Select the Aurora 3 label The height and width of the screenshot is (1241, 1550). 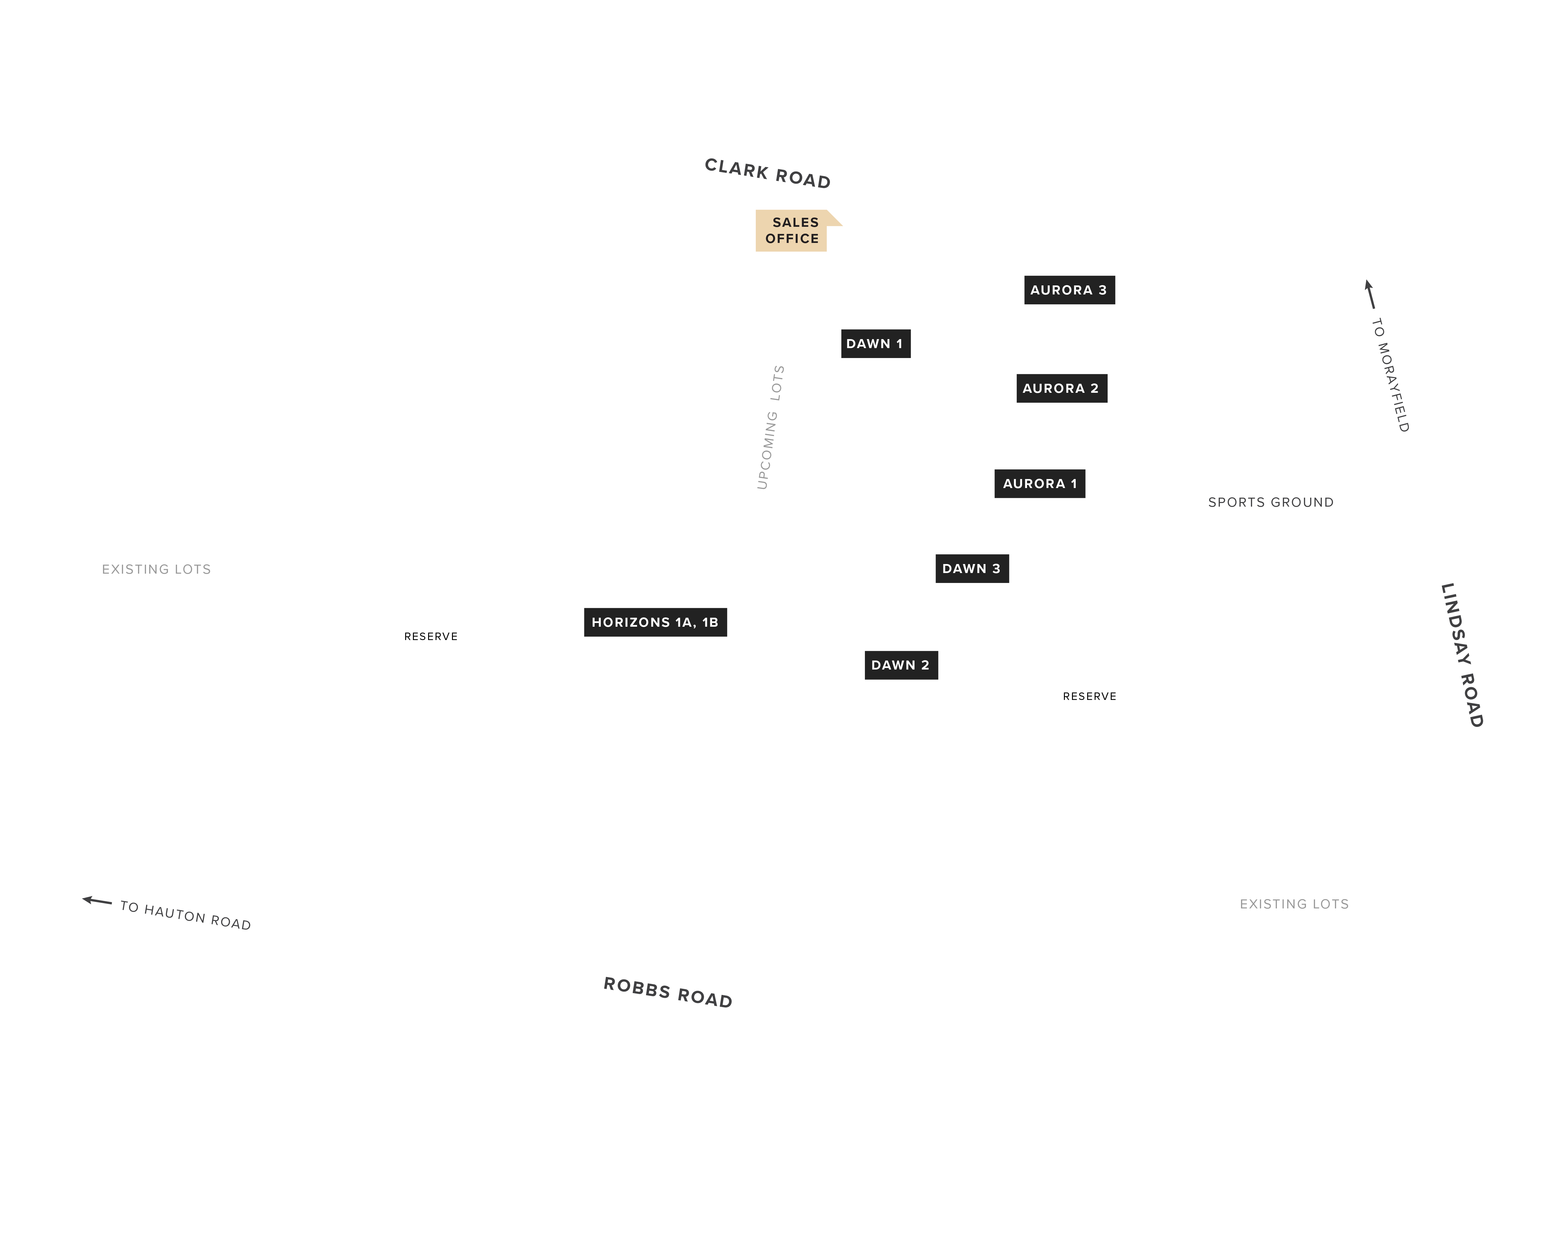(1069, 290)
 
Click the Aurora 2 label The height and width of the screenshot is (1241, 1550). (1061, 388)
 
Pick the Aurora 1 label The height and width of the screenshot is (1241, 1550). (1039, 483)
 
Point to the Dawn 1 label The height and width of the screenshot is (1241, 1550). (876, 344)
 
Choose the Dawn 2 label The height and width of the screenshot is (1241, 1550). (901, 665)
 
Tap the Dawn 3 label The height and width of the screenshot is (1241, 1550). (972, 568)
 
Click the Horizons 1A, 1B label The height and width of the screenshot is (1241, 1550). (655, 622)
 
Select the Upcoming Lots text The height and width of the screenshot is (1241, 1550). (771, 427)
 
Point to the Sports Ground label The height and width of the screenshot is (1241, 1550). (1270, 502)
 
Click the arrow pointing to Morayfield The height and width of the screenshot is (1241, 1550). (1370, 294)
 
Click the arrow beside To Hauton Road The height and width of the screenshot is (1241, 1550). (97, 901)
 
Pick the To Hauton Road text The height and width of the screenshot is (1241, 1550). (185, 915)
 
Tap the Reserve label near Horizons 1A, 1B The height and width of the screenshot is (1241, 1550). (431, 637)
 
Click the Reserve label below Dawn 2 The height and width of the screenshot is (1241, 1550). (1089, 697)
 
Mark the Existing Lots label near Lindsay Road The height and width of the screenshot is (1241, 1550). (1294, 904)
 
